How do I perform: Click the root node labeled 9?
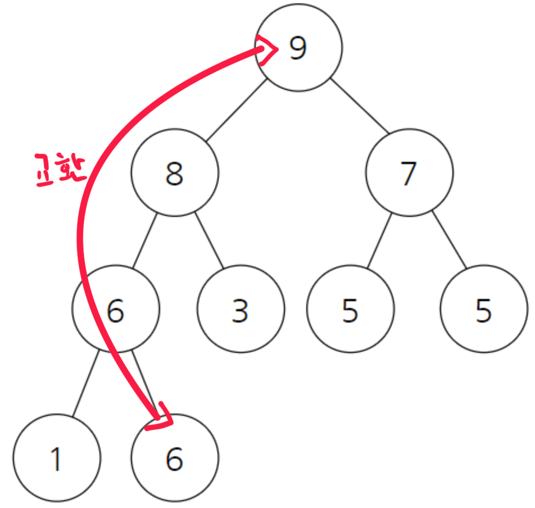(299, 47)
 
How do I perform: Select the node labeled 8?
(175, 173)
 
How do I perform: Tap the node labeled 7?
(409, 173)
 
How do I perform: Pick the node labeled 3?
(241, 310)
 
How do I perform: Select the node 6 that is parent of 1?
(116, 310)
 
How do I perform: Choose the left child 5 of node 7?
(350, 310)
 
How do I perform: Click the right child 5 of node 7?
(484, 310)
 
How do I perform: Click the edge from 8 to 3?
(209, 241)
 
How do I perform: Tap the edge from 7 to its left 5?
(379, 241)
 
